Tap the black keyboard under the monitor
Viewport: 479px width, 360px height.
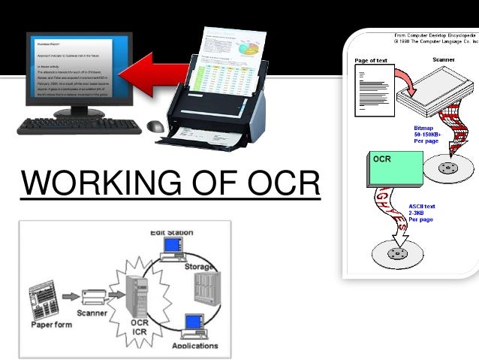coord(79,126)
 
